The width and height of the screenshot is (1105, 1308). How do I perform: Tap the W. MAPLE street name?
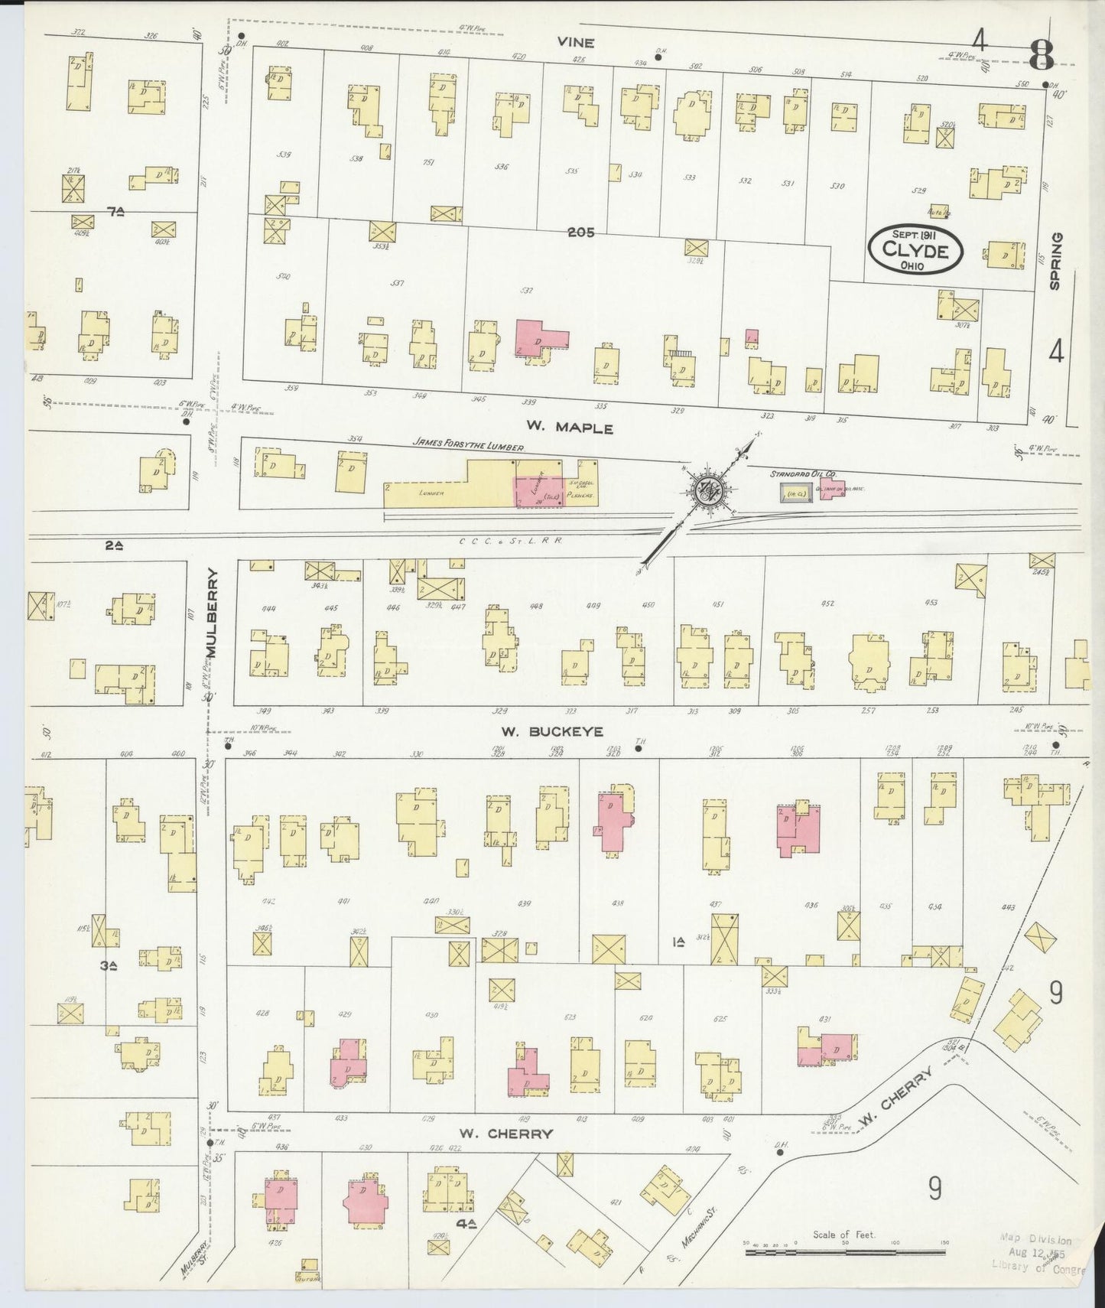(569, 428)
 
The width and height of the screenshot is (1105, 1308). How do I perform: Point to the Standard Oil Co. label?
(798, 474)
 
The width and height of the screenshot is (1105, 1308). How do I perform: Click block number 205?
(580, 233)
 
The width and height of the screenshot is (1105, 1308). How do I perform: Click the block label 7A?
(115, 213)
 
